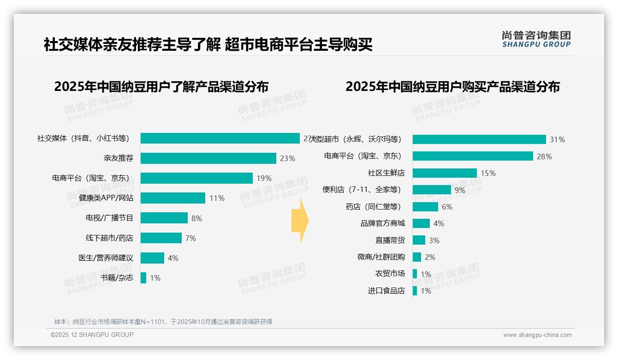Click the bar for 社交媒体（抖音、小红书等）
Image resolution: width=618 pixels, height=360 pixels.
(x=220, y=138)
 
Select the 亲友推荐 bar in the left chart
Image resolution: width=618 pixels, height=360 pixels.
(x=208, y=158)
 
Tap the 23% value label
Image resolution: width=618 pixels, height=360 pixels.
(x=287, y=158)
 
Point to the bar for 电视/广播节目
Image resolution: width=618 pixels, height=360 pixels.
(x=164, y=218)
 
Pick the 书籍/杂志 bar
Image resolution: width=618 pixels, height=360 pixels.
(x=143, y=278)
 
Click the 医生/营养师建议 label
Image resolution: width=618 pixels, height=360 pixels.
(x=106, y=258)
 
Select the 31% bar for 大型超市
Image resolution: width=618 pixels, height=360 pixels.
(x=479, y=139)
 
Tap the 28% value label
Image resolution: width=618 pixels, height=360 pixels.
(x=544, y=156)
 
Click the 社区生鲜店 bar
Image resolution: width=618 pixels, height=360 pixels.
(x=445, y=173)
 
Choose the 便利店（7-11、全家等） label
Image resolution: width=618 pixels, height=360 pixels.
(x=362, y=190)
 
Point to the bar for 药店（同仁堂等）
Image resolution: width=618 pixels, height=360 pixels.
(x=425, y=207)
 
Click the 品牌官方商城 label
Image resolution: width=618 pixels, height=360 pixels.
(x=382, y=223)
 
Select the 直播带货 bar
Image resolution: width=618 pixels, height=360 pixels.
(x=419, y=240)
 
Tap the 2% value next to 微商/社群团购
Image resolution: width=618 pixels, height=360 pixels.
(x=430, y=257)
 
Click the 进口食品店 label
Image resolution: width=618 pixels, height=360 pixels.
(x=386, y=291)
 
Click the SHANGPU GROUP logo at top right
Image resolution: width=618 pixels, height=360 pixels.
(x=536, y=39)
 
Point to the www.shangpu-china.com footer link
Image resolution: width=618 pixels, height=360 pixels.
(x=537, y=335)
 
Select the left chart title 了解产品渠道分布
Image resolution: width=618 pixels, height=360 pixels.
(x=161, y=87)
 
